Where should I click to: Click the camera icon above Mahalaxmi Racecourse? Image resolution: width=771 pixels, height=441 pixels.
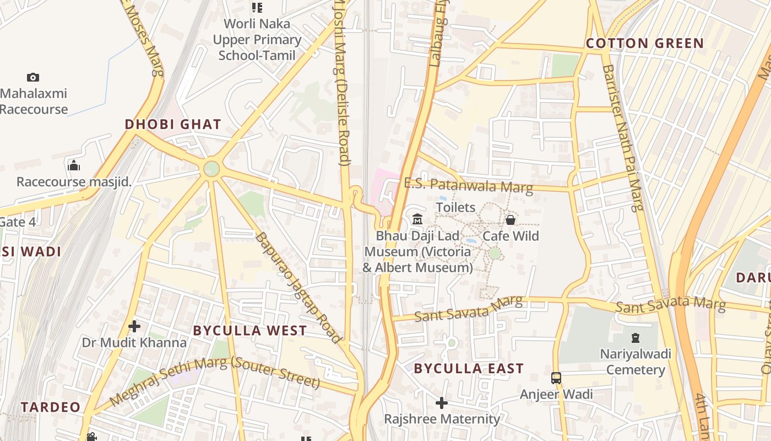pyautogui.click(x=33, y=78)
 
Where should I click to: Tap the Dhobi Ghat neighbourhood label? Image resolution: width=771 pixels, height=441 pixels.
pyautogui.click(x=173, y=125)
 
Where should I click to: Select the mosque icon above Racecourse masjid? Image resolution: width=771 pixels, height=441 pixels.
pyautogui.click(x=74, y=165)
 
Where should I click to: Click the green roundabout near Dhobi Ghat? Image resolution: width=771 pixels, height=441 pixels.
pyautogui.click(x=211, y=169)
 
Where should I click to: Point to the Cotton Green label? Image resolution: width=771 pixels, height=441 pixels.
pyautogui.click(x=644, y=44)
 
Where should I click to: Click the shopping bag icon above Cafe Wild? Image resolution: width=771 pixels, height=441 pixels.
pyautogui.click(x=511, y=220)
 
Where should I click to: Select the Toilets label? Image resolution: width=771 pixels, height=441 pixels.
pyautogui.click(x=455, y=208)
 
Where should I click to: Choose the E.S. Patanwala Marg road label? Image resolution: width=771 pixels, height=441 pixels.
pyautogui.click(x=468, y=185)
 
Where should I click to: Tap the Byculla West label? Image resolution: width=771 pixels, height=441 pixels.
pyautogui.click(x=249, y=331)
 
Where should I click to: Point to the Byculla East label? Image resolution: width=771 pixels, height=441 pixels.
pyautogui.click(x=469, y=369)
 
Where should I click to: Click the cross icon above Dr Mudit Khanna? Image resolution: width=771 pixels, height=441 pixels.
pyautogui.click(x=134, y=327)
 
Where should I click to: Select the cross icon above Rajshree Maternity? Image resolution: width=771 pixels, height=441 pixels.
pyautogui.click(x=442, y=404)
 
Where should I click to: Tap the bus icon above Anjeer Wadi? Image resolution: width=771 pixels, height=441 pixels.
pyautogui.click(x=556, y=378)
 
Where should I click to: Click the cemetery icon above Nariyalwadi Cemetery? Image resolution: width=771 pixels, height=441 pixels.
pyautogui.click(x=636, y=337)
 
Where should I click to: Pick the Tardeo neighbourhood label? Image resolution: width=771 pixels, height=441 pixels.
pyautogui.click(x=51, y=407)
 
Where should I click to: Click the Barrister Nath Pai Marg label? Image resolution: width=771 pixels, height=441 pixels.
pyautogui.click(x=623, y=138)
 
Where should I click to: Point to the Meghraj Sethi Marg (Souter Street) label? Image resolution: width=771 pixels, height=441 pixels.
pyautogui.click(x=215, y=380)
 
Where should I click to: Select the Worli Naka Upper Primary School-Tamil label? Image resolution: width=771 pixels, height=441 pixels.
pyautogui.click(x=257, y=40)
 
